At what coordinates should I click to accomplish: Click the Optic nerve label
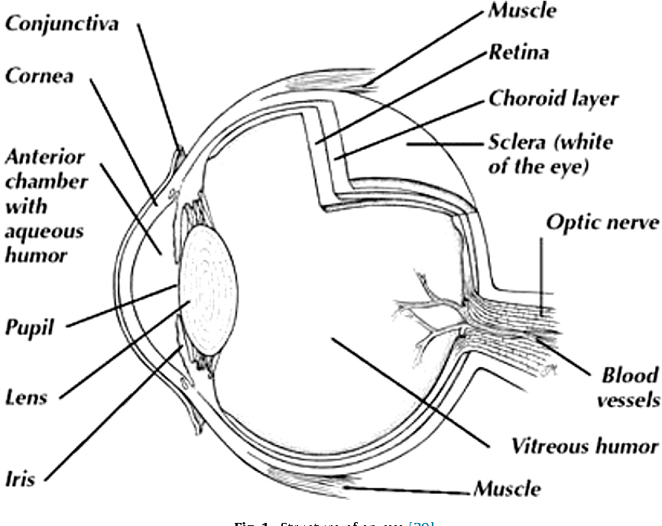[601, 223]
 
